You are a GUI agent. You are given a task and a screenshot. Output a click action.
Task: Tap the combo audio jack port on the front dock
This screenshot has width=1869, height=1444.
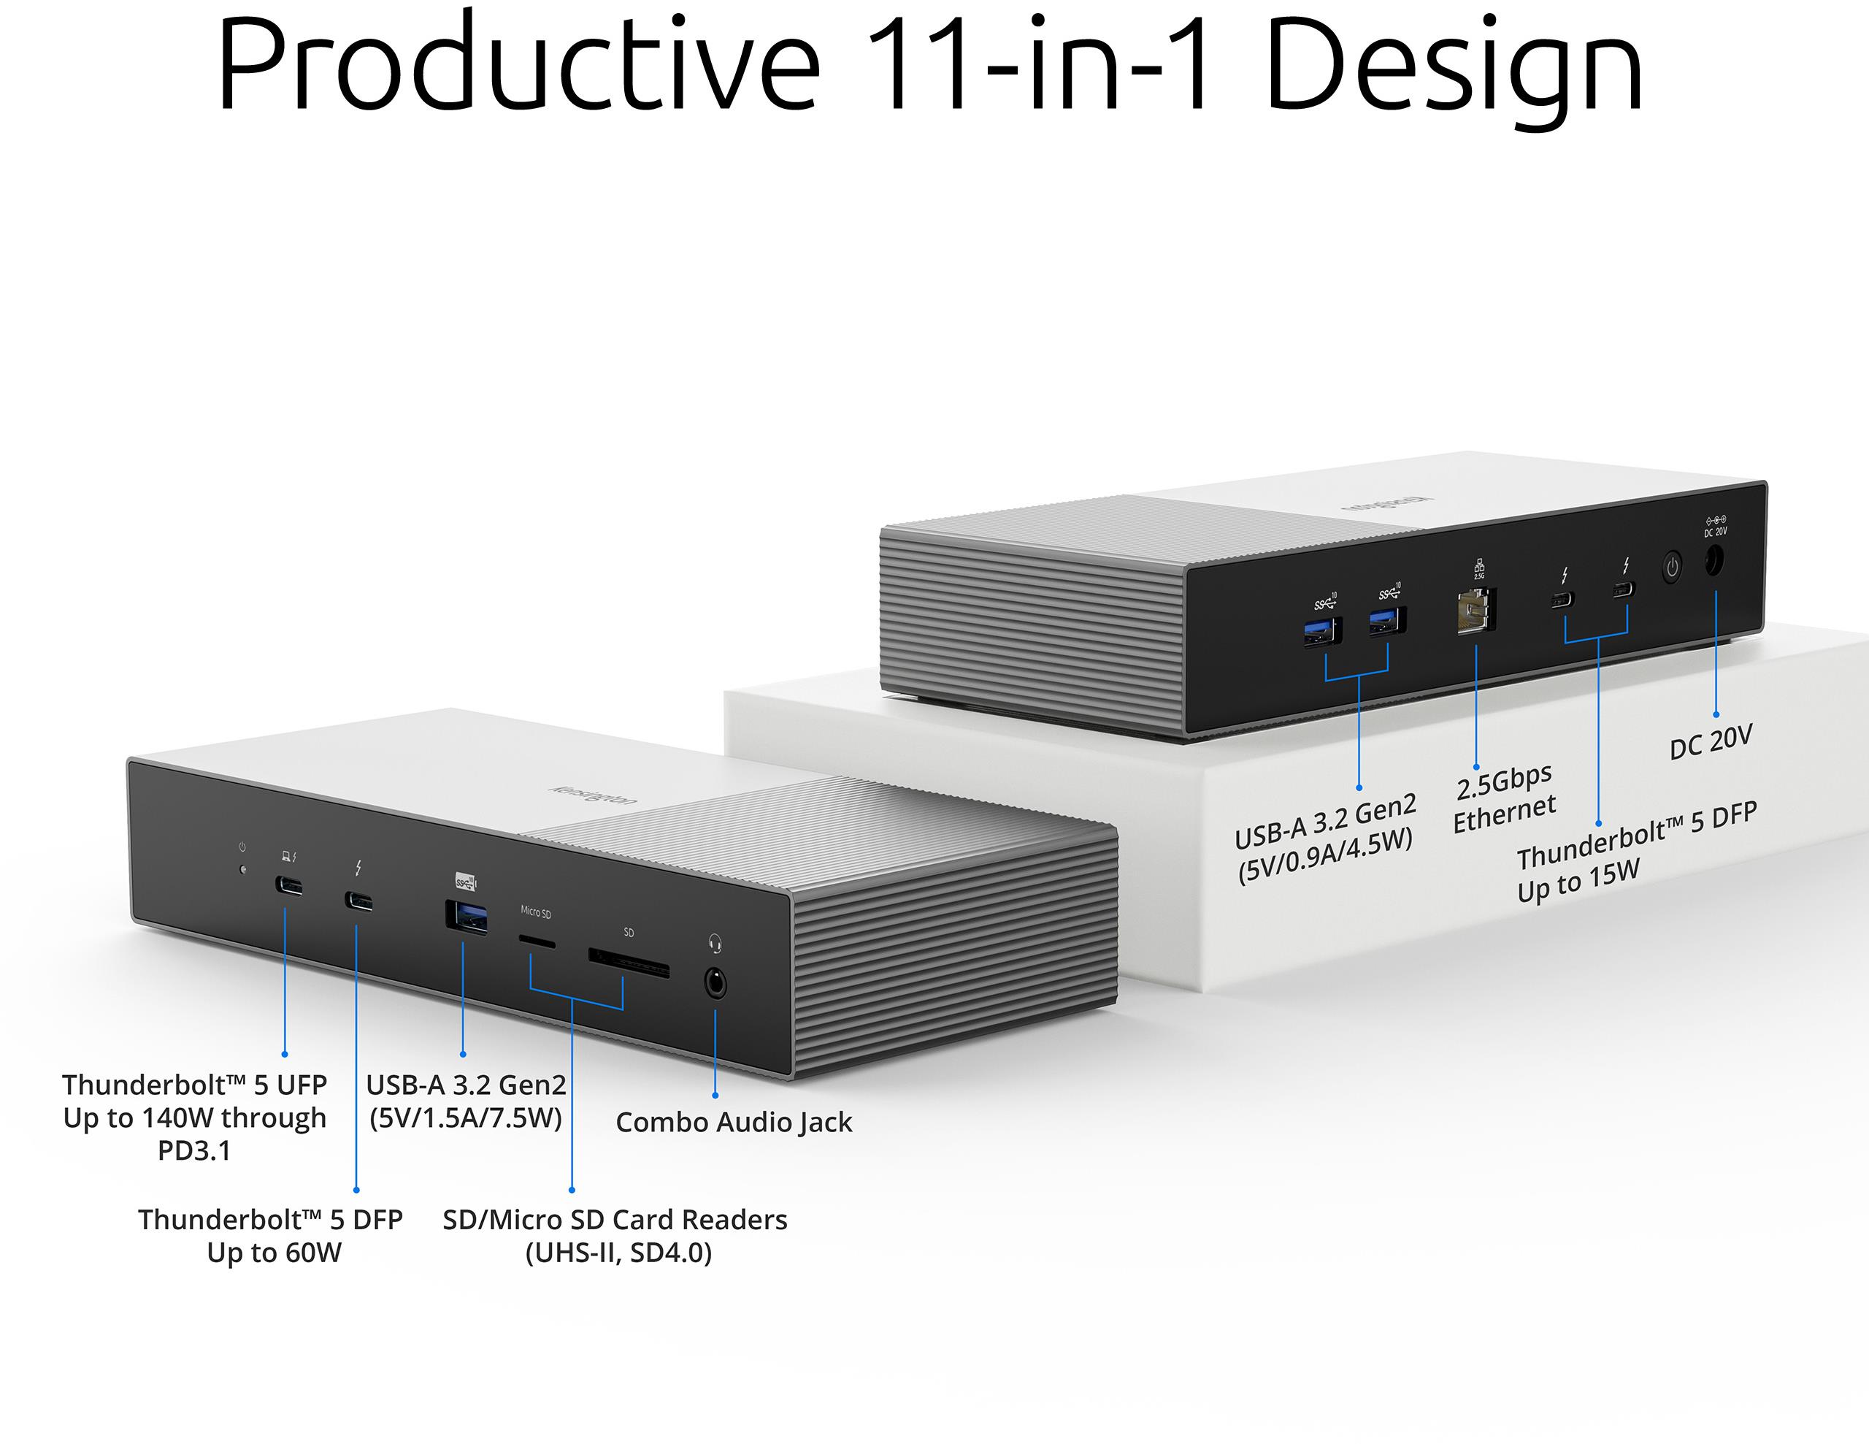pos(715,984)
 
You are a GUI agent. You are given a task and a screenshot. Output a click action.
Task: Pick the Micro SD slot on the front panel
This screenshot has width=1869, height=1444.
pos(537,942)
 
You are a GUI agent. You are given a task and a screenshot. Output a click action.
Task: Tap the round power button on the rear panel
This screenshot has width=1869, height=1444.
pos(1671,567)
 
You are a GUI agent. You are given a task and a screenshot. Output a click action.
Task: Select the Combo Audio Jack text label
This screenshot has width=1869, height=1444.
pos(734,1122)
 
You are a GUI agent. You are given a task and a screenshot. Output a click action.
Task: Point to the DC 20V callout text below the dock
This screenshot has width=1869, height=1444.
pos(1711,741)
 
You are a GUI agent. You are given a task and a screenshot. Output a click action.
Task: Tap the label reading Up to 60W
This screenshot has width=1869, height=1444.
pos(274,1252)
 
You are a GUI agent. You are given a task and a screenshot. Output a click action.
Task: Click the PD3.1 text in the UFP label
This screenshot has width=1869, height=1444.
pos(194,1150)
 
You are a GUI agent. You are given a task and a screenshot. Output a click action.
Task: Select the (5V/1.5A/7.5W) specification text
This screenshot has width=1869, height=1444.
pos(466,1118)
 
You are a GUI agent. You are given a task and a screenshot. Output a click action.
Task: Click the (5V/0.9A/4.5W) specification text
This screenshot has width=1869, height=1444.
pos(1325,857)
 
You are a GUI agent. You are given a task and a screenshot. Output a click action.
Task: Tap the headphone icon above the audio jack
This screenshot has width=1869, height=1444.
pos(715,943)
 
